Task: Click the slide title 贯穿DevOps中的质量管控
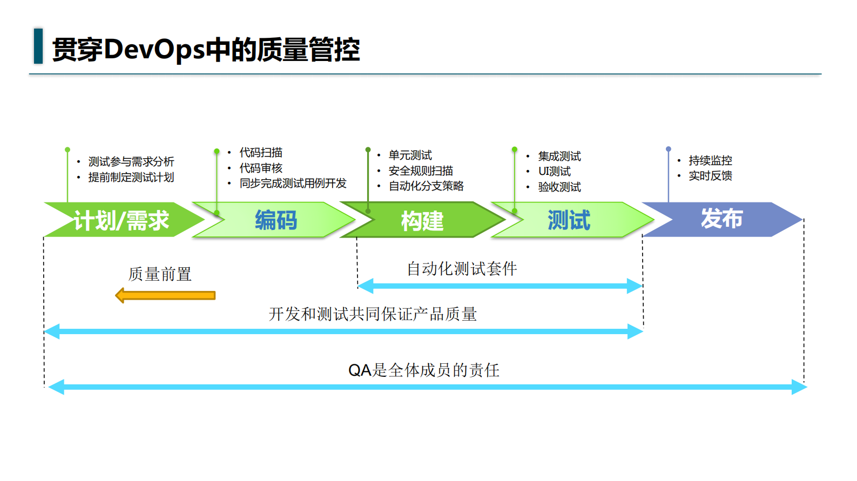click(205, 50)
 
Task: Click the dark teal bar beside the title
click(38, 46)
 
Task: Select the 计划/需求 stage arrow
click(122, 220)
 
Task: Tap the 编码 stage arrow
click(276, 220)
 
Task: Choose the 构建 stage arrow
click(422, 220)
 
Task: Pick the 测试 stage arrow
click(569, 220)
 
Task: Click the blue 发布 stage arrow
click(721, 219)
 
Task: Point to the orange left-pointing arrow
click(165, 295)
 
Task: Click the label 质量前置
click(160, 274)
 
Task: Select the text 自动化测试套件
click(462, 268)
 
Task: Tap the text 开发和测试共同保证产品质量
click(373, 314)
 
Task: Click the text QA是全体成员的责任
click(424, 370)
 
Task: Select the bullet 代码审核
click(261, 168)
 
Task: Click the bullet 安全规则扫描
click(421, 171)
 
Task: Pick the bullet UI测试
click(554, 171)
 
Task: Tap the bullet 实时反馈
click(710, 175)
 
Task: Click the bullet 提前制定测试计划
click(131, 177)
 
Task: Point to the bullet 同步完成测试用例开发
click(293, 183)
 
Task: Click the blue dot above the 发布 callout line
click(669, 149)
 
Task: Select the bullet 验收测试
click(559, 187)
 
